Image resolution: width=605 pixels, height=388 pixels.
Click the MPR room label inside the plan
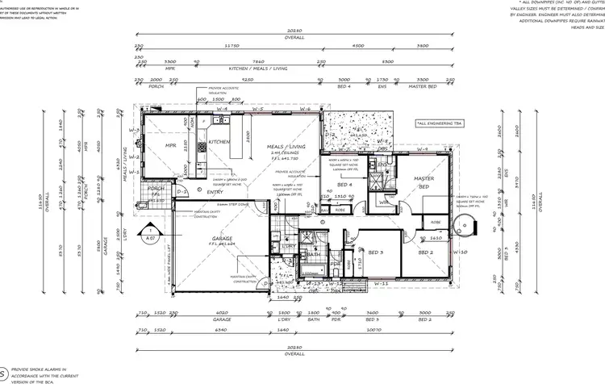tap(171, 147)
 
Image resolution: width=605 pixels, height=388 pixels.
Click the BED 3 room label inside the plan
tap(376, 252)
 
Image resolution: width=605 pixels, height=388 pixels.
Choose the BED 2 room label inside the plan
tap(426, 252)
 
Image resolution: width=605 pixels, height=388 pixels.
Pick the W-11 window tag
tap(384, 284)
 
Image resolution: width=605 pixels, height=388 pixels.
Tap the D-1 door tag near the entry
tap(181, 192)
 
